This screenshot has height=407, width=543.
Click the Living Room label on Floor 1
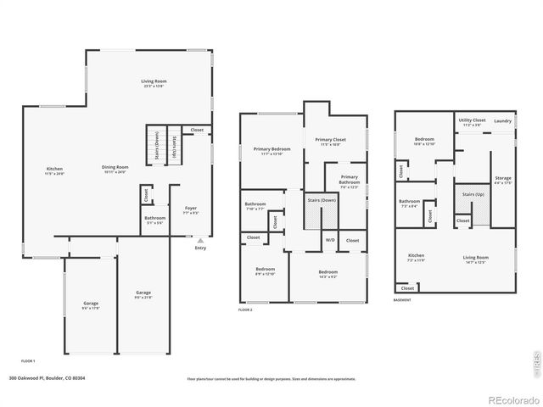coord(154,83)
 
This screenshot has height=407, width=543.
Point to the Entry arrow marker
coord(200,240)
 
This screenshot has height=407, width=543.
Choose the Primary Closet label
coord(331,142)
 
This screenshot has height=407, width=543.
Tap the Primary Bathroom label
coord(350,181)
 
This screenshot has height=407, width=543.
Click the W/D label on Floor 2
coord(329,241)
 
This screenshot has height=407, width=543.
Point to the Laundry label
coord(502,121)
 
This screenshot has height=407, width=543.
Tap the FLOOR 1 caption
coord(28,361)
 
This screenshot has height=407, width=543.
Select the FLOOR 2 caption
coord(245,310)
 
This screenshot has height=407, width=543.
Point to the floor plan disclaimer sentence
coord(271,379)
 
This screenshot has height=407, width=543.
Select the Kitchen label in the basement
coord(416,258)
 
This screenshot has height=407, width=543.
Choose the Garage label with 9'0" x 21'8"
coord(143,294)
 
